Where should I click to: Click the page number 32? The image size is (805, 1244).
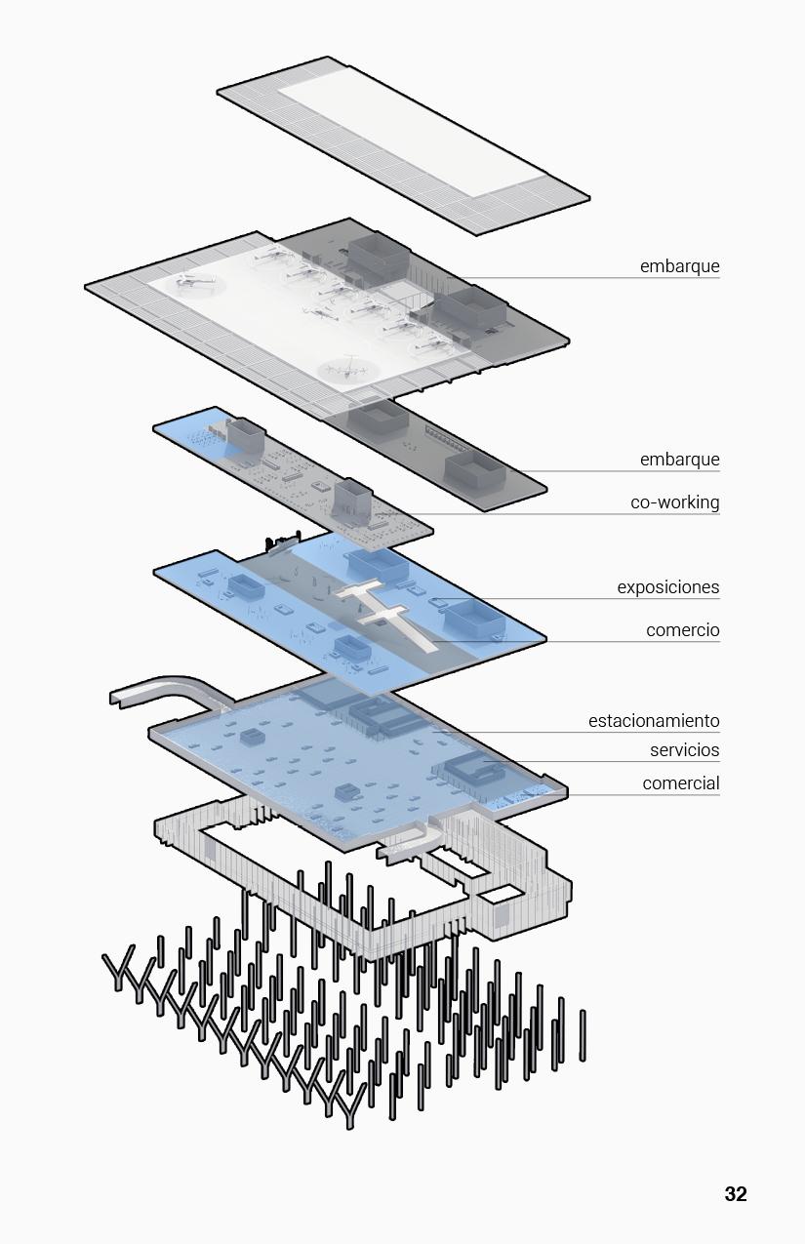coord(735,1194)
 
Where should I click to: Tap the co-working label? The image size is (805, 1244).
coord(674,502)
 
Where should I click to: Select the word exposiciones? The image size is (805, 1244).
coord(667,587)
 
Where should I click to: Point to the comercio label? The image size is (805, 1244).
coord(682,630)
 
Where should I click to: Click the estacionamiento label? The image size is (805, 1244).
coord(653,721)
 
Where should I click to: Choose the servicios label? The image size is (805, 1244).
coord(684,750)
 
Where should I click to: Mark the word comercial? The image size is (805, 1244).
coord(680,783)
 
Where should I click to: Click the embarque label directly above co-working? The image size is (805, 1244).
coord(679,460)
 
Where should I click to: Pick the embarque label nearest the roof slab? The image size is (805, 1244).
coord(679,266)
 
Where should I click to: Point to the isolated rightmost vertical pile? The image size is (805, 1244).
coord(583,1034)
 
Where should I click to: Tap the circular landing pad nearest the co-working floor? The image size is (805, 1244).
coord(348,370)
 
